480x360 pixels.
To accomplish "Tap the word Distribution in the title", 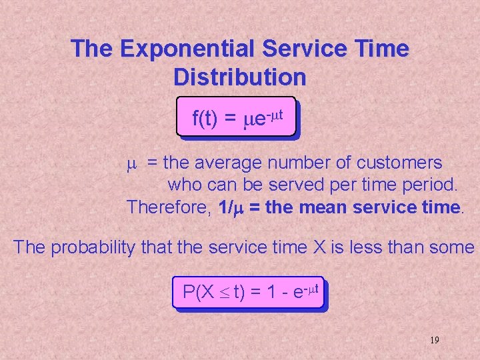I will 240,77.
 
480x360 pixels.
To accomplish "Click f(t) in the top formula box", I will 205,119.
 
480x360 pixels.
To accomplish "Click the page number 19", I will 434,340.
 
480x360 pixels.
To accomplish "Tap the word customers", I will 399,162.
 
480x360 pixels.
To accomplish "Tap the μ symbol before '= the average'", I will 132,163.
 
